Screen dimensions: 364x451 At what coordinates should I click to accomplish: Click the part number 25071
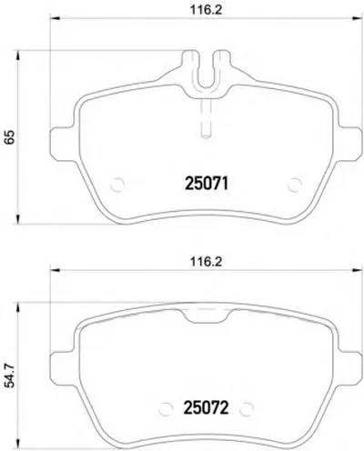(x=207, y=184)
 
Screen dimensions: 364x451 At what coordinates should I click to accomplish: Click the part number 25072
(x=206, y=407)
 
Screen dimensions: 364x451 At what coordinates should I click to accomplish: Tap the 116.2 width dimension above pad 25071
(x=206, y=10)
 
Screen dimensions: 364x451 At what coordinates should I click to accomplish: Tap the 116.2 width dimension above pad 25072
(x=206, y=261)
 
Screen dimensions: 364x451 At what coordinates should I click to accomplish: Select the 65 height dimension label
(x=9, y=137)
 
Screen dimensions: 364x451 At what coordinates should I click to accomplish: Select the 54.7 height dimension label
(x=10, y=376)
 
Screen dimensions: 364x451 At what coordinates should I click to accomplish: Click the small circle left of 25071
(x=117, y=185)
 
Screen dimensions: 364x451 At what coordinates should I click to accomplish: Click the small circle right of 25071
(x=295, y=185)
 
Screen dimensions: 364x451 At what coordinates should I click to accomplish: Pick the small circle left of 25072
(x=166, y=409)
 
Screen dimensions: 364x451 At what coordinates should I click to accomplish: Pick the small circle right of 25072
(x=246, y=409)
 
